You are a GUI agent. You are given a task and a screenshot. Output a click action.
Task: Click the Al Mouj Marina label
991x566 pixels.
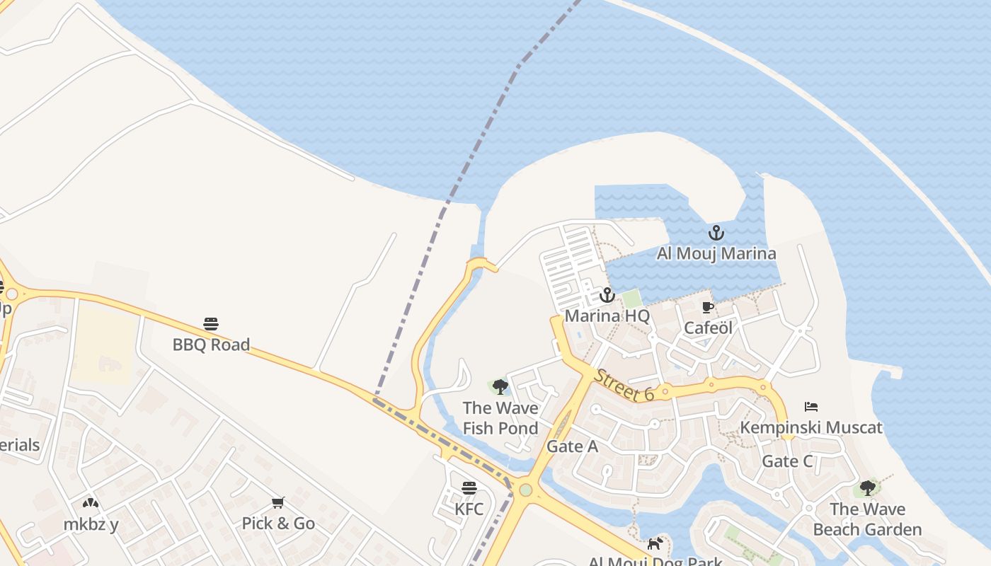pyautogui.click(x=716, y=253)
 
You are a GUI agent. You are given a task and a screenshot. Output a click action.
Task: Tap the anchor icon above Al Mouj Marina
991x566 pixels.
pyautogui.click(x=716, y=232)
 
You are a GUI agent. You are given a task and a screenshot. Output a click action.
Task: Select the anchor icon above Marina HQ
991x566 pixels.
pyautogui.click(x=607, y=295)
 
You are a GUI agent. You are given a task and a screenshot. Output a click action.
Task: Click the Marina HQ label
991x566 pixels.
pyautogui.click(x=607, y=316)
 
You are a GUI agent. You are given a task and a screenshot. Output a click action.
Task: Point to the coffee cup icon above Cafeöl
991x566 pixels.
pyautogui.click(x=707, y=307)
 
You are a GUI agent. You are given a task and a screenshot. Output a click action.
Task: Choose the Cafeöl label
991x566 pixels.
pyautogui.click(x=708, y=328)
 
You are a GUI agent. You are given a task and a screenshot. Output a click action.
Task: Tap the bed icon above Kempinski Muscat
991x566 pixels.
pyautogui.click(x=811, y=407)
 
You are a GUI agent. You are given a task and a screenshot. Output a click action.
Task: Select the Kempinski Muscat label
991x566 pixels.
pyautogui.click(x=811, y=427)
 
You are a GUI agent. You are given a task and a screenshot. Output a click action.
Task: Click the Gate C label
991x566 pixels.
pyautogui.click(x=787, y=461)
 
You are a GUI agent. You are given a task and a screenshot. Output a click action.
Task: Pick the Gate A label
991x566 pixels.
pyautogui.click(x=572, y=446)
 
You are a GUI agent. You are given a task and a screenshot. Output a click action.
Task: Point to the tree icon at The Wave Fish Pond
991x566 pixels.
pyautogui.click(x=500, y=387)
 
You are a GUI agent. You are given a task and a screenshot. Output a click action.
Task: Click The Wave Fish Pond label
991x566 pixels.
pyautogui.click(x=500, y=418)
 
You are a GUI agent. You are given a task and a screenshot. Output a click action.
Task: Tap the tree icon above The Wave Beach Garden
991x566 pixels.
pyautogui.click(x=867, y=488)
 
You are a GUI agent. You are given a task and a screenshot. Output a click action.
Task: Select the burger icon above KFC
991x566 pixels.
pyautogui.click(x=469, y=488)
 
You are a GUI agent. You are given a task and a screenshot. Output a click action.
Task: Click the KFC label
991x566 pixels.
pyautogui.click(x=469, y=509)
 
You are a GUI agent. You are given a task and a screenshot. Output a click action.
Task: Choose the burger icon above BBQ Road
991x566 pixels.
pyautogui.click(x=211, y=324)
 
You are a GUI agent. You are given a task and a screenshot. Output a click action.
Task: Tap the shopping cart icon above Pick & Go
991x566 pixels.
pyautogui.click(x=278, y=503)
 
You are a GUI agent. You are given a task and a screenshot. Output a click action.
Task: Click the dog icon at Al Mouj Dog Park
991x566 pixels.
pyautogui.click(x=655, y=543)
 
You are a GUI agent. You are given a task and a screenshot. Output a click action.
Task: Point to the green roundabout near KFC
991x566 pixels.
pyautogui.click(x=525, y=490)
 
